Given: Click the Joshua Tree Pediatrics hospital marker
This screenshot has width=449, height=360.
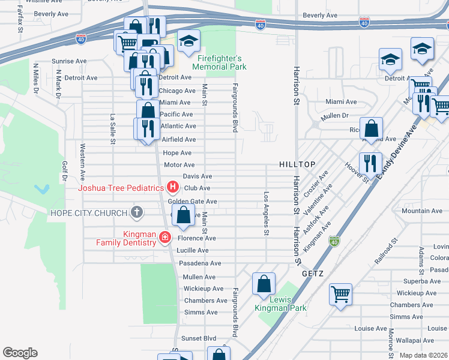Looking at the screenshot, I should pos(173,188).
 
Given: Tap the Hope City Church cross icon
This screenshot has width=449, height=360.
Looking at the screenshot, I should pos(137,212).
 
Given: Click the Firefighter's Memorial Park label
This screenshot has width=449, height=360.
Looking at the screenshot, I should pos(220,62).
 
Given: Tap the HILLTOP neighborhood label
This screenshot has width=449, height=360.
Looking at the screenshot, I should pos(297,164).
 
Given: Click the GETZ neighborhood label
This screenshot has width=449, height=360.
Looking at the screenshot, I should pos(313,274).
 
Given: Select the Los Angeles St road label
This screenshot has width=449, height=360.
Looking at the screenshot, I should pos(266,214).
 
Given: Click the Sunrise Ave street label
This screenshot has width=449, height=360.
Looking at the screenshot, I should pos(70,61).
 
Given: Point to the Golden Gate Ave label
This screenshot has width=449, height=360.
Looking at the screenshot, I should pos(196,202).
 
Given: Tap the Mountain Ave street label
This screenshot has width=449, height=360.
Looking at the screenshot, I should pos(422,211).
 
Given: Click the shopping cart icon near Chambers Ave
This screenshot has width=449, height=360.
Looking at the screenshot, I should pos(341,295).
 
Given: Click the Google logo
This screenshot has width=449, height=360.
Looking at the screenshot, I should pos(20,353).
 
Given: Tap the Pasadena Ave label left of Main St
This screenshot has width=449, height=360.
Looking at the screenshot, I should pos(200,263).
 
